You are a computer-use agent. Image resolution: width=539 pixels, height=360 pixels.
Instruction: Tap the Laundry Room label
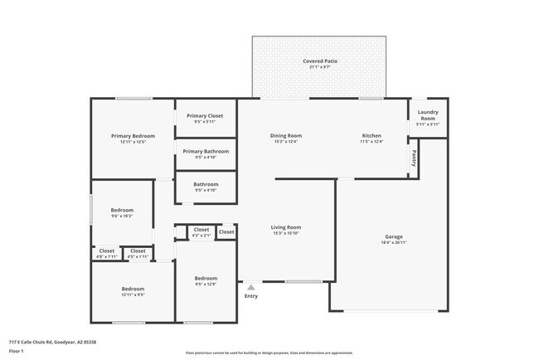point(428,115)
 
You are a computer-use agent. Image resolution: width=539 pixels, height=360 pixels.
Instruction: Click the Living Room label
point(285,227)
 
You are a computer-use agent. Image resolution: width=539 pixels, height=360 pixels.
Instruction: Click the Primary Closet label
point(205,116)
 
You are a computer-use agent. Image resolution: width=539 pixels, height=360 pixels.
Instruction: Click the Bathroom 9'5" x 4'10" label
point(206,184)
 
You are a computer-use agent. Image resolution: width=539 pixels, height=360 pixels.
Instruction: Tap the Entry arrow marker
point(250,287)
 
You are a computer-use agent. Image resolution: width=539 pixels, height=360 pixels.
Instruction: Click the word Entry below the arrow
point(250,296)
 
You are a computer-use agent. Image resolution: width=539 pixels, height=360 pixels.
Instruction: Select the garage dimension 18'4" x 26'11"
point(393,243)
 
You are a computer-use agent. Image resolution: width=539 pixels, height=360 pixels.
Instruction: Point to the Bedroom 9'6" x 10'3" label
point(122,210)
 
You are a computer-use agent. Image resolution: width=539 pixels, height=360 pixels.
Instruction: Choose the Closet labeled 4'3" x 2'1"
point(202,230)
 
